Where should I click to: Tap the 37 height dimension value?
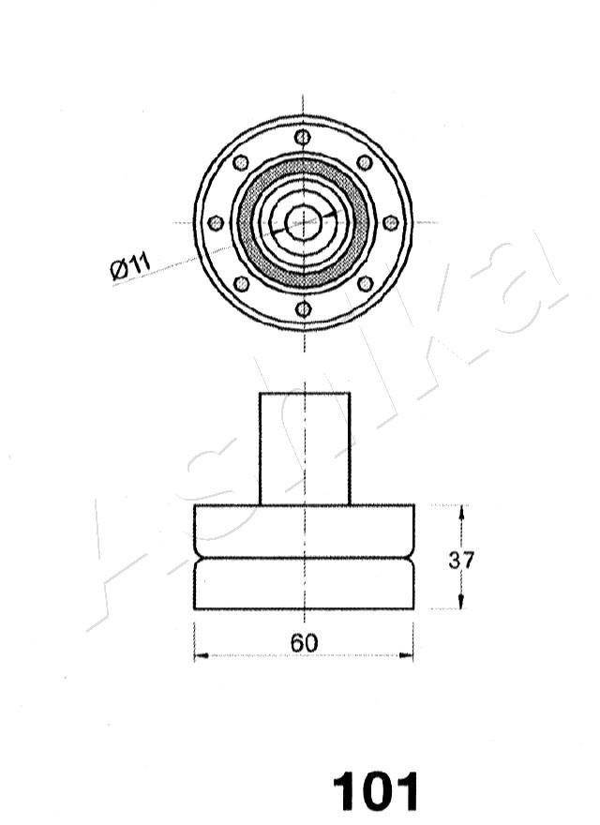coord(461,560)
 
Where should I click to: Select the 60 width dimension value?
coord(304,642)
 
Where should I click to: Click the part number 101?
coord(375,791)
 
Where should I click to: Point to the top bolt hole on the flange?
coord(303,137)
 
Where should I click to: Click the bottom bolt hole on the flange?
coord(303,308)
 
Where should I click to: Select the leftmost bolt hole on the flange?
coord(216,223)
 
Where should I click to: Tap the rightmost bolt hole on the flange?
coord(390,222)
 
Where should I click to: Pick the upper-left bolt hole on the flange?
coord(241,162)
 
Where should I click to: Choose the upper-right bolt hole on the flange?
coord(364,162)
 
